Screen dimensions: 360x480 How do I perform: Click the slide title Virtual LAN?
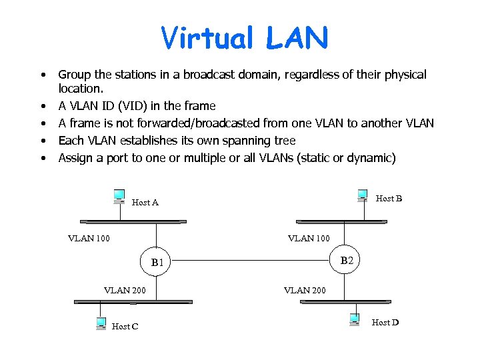245,39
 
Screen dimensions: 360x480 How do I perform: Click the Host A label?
145,203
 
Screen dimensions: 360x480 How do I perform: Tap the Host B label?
389,199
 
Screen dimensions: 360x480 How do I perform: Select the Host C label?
125,326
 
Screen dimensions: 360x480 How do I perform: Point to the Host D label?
385,323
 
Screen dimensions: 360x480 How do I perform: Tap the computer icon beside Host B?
362,195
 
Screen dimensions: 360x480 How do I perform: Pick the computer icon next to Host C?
101,323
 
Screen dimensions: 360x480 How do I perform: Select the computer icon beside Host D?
355,319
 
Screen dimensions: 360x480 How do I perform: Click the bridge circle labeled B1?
157,262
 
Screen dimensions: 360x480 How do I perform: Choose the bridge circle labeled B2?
346,260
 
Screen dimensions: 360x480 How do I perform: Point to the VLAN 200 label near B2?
305,289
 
